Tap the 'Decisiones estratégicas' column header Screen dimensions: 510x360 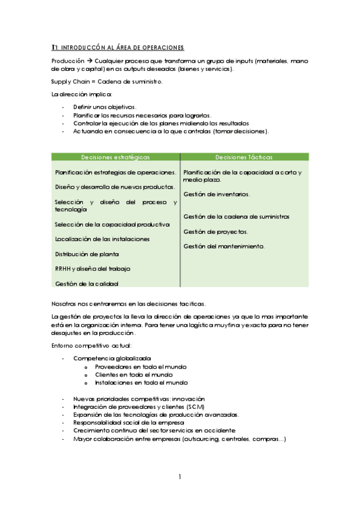click(115, 157)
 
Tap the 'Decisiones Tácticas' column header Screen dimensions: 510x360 click(243, 157)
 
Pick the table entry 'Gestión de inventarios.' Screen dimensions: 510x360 click(217, 194)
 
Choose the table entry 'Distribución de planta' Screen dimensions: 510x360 click(87, 254)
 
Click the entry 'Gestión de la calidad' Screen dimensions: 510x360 click(87, 283)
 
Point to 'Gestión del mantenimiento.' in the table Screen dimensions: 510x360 click(224, 246)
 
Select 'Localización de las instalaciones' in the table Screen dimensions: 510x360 click(102, 239)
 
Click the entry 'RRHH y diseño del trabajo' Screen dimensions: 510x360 click(93, 268)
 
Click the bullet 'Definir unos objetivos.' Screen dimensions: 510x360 click(105, 106)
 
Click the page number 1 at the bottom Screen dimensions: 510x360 click(180, 478)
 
